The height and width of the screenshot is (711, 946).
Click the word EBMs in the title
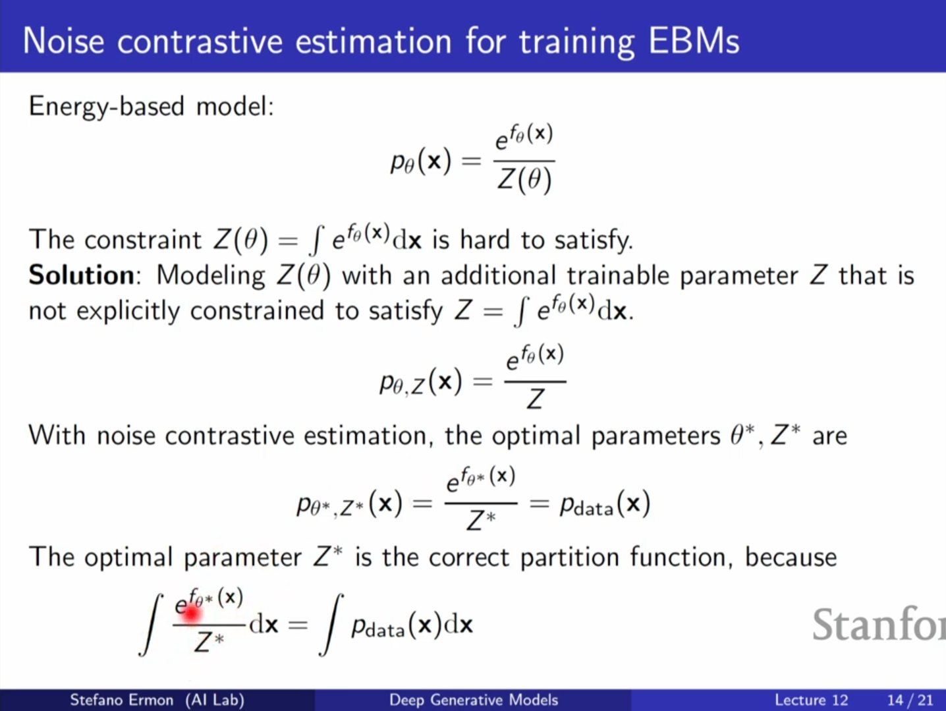coord(694,42)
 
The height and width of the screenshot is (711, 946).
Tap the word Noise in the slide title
coord(64,42)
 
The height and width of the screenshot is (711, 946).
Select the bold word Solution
coord(82,275)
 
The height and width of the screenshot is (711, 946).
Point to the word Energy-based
coord(107,107)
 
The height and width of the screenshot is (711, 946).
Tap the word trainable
coord(617,275)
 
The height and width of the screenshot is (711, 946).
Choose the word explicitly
coord(128,311)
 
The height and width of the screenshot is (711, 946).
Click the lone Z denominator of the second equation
coord(536,399)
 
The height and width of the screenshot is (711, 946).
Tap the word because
coord(791,557)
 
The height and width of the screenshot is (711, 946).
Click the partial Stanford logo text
coord(879,624)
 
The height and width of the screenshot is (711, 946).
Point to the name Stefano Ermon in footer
coord(121,700)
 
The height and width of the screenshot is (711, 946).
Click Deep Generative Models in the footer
coord(474,700)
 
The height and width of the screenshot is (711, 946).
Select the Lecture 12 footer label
coord(811,700)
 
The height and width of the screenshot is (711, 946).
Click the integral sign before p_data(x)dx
coord(331,625)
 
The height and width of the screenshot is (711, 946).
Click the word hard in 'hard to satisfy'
coord(485,240)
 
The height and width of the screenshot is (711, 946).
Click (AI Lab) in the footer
coord(215,700)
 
